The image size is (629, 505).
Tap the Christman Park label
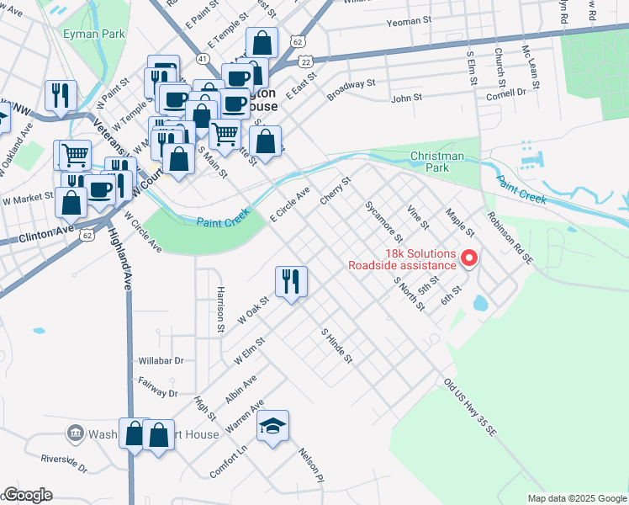[436, 162]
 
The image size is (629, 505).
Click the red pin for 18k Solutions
[469, 258]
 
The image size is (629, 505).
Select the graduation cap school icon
[273, 426]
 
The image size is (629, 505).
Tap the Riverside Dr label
[65, 464]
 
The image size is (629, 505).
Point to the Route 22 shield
[304, 61]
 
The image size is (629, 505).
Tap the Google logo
[27, 495]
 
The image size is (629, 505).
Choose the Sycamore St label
[383, 221]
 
